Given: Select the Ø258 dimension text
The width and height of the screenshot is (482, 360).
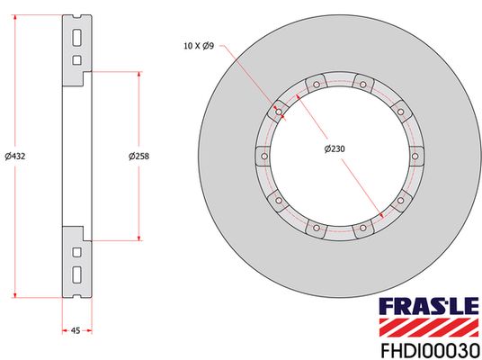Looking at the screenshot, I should [x=138, y=156].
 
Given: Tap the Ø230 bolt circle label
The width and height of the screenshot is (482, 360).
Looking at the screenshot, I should [x=335, y=149].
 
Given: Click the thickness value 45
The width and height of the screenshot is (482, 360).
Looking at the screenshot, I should [x=76, y=331].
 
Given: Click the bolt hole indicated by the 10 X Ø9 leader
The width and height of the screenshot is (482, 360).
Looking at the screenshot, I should [x=279, y=113].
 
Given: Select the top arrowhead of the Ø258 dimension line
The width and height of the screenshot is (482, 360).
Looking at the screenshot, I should [x=138, y=76].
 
